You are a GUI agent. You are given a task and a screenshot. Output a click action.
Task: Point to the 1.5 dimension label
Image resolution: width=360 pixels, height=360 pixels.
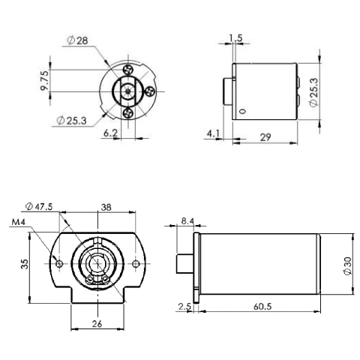pyautogui.click(x=236, y=37)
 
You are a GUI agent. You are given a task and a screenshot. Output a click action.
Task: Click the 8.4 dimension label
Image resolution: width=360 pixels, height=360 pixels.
pyautogui.click(x=187, y=220)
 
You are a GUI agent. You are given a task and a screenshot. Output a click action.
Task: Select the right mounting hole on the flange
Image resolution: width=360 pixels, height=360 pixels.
pyautogui.click(x=135, y=262)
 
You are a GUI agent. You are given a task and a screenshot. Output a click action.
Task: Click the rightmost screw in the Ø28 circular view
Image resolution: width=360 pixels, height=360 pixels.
pyautogui.click(x=151, y=92)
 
